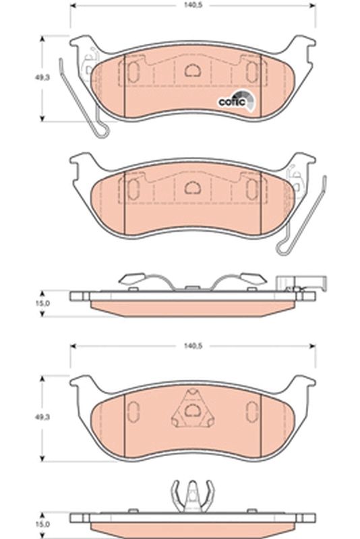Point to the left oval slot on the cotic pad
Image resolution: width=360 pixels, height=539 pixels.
pos(133,71)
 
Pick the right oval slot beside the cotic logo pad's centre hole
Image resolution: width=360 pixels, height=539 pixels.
pos(251,71)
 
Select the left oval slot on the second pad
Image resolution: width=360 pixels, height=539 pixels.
pos(133,187)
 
